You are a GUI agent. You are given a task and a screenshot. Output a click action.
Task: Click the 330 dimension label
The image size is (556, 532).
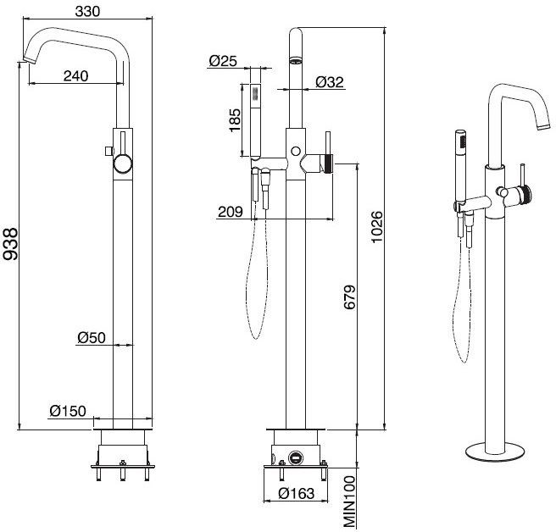coord(87,11)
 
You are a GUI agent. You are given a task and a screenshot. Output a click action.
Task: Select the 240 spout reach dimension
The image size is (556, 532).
coord(76,75)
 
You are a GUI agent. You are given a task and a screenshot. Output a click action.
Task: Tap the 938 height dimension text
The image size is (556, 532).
coord(10,244)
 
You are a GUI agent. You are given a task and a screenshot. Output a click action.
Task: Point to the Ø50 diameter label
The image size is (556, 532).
coord(92,337)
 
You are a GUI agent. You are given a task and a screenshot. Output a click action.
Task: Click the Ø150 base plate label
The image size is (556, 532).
coord(68,411)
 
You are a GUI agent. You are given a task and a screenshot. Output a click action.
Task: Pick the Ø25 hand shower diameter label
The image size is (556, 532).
coord(223,61)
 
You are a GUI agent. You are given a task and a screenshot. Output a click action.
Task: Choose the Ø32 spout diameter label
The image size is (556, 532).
coord(330,82)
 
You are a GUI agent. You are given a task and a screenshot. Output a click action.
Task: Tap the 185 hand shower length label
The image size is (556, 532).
coord(235,120)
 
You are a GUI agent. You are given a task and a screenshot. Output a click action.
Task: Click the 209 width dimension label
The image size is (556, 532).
coord(231,212)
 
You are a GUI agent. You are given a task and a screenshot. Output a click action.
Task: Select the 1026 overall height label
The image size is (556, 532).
coord(377,227)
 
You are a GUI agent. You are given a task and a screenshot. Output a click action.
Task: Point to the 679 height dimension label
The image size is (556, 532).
coord(349,297)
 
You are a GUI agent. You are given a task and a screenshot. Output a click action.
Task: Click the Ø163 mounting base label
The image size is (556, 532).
coord(296,493)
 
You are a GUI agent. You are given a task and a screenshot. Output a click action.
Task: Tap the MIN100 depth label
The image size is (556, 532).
coord(349,502)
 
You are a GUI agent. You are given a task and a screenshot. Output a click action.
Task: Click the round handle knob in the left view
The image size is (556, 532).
coord(123,164)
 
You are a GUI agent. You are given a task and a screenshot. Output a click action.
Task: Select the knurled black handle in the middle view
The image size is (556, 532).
coord(329,163)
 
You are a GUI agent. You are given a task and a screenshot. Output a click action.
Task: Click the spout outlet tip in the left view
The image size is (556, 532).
coord(29,60)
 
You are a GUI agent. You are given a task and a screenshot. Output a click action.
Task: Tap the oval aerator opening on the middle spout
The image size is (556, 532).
coord(296,60)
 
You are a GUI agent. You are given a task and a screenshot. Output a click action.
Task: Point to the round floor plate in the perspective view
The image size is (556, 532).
coord(495,452)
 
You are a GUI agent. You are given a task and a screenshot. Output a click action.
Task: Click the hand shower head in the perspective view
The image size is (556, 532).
coord(460,141)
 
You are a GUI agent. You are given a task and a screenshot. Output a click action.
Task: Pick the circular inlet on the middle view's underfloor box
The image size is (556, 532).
coord(295,457)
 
